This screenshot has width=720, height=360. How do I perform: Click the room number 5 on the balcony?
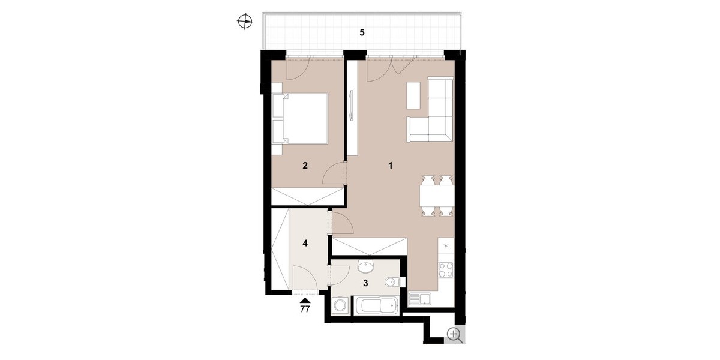click(x=362, y=32)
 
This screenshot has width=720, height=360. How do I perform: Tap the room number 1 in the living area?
click(x=391, y=166)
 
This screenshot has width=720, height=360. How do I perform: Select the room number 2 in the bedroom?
click(x=305, y=166)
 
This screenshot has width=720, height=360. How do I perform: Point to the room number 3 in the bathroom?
click(x=365, y=283)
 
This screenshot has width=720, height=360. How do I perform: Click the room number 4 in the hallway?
click(x=305, y=244)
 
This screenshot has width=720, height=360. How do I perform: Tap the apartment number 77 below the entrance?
click(x=305, y=309)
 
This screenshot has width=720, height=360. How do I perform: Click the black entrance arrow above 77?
click(x=305, y=301)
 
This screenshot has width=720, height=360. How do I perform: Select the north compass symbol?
click(x=245, y=22)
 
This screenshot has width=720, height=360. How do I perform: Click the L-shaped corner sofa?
click(x=431, y=110)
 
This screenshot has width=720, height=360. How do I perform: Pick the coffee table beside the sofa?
click(x=413, y=95)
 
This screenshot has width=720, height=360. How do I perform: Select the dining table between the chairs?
click(x=437, y=196)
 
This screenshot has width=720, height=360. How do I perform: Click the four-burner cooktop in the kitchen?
click(x=446, y=270)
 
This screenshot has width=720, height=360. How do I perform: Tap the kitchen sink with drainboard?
click(x=420, y=299)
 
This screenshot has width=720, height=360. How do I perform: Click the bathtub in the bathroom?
click(x=376, y=305)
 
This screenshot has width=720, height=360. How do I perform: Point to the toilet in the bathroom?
click(x=392, y=283)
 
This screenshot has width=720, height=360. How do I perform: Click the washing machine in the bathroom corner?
click(x=340, y=305)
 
